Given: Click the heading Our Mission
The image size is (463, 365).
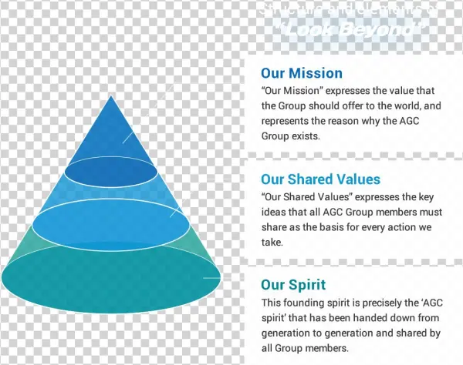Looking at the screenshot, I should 302,74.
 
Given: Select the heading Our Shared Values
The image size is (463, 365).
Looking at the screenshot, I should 320,179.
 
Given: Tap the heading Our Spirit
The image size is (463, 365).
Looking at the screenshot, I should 293,285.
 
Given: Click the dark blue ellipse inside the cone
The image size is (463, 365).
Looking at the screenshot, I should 110,171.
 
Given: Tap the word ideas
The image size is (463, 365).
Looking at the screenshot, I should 275,211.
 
